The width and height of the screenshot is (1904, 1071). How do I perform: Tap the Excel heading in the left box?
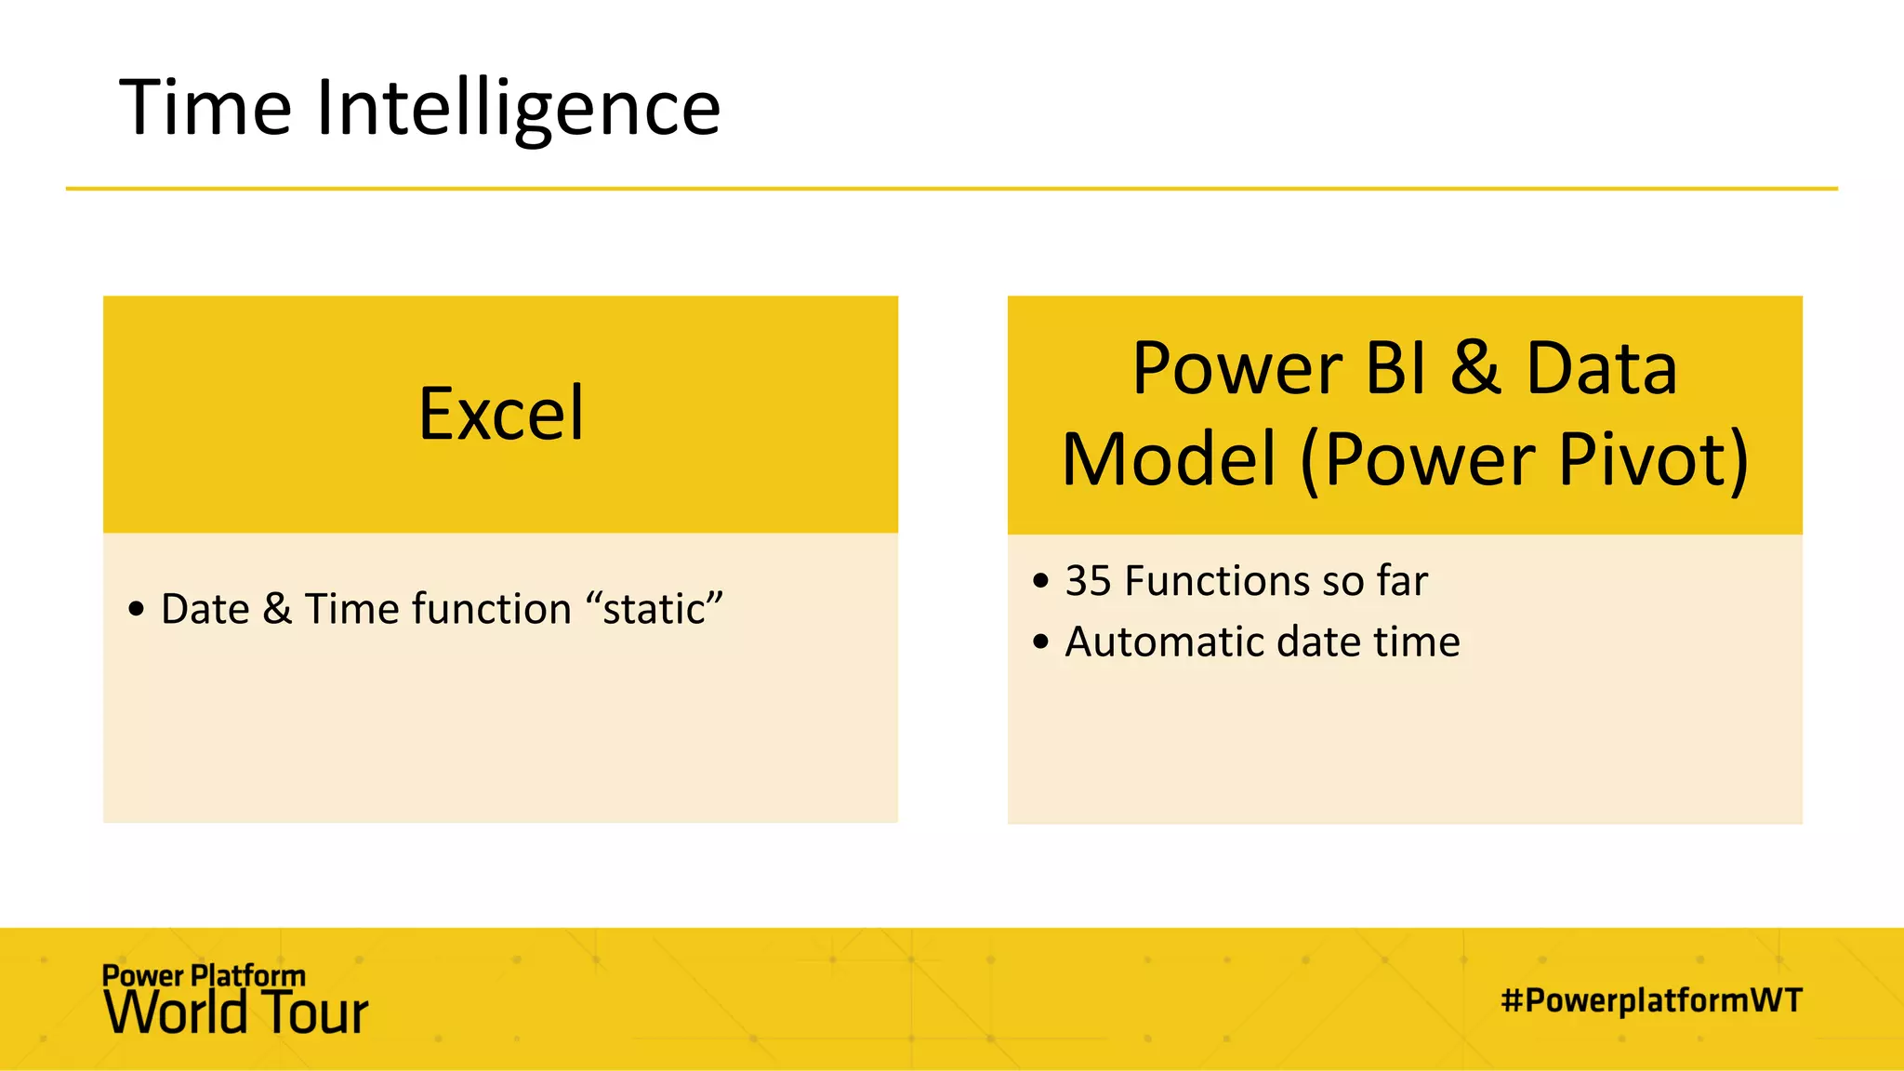tap(501, 414)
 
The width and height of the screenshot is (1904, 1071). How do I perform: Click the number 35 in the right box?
tap(1088, 581)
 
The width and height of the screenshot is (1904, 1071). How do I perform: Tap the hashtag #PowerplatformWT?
tap(1651, 1000)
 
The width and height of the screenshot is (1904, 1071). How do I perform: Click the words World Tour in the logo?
tap(236, 1013)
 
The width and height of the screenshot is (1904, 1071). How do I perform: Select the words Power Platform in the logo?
tap(204, 975)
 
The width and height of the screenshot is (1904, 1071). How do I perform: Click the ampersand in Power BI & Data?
tap(1475, 368)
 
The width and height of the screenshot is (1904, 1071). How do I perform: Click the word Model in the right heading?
tap(1169, 459)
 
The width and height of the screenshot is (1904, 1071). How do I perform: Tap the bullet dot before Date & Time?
tap(137, 611)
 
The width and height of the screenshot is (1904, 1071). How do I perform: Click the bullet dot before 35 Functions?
tap(1040, 582)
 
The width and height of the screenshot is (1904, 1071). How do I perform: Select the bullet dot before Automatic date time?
tap(1040, 642)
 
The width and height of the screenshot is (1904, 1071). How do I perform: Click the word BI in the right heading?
tap(1395, 368)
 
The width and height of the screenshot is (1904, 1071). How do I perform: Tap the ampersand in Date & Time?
tap(277, 610)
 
